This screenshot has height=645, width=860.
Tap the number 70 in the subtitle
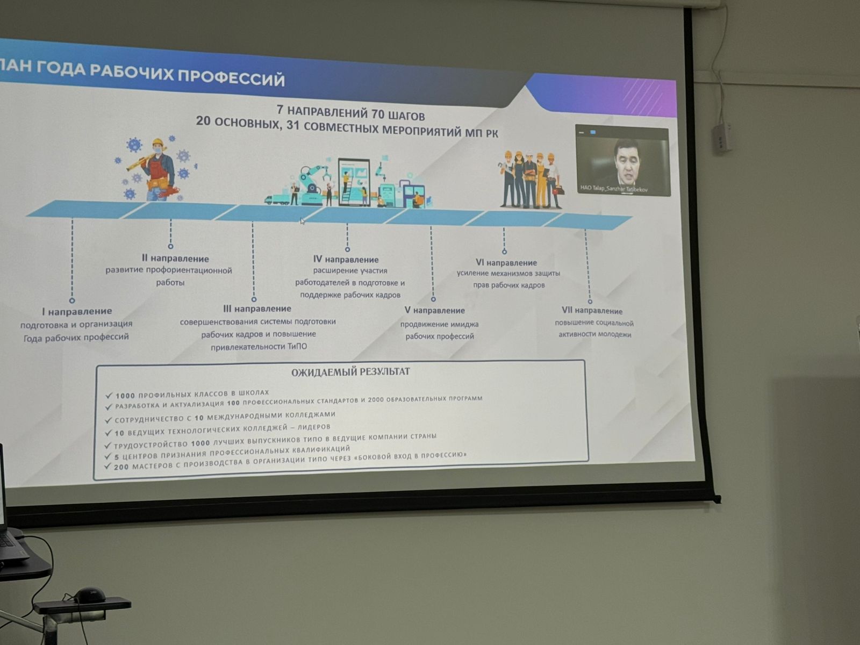click(x=378, y=114)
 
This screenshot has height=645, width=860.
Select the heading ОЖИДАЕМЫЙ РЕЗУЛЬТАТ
click(x=350, y=371)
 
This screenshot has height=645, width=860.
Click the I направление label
click(x=77, y=311)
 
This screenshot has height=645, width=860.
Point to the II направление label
click(x=175, y=259)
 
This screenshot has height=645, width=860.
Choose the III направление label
click(x=257, y=309)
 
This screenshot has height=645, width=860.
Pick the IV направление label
click(x=346, y=259)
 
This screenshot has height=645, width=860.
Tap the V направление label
click(x=434, y=311)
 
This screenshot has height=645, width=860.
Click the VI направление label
click(x=506, y=263)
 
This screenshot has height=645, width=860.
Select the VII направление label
click(x=592, y=311)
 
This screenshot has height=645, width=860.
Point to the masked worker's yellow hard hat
click(x=157, y=142)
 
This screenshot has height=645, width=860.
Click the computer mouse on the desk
click(x=90, y=595)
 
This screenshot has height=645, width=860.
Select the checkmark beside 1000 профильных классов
click(x=109, y=396)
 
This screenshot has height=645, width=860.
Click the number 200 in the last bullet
click(x=121, y=467)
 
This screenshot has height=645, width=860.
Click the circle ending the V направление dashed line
click(x=433, y=299)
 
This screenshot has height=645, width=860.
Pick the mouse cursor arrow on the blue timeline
click(x=302, y=221)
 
